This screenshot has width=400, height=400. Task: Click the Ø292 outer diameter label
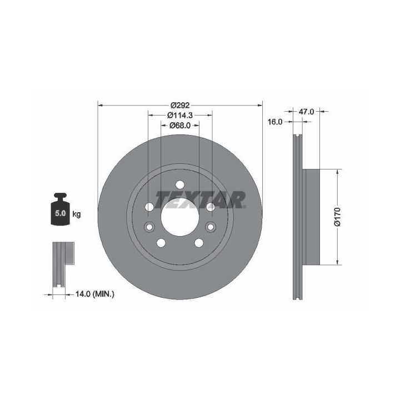[x=180, y=105]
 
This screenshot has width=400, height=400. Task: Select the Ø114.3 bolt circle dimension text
[x=180, y=116]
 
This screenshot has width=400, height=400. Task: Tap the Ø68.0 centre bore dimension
[x=180, y=126]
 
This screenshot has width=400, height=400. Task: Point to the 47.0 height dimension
[x=306, y=112]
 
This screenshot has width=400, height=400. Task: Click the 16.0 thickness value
[x=275, y=122]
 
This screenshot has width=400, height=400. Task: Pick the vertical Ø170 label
[x=337, y=217]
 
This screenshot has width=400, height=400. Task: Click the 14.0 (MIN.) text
[x=95, y=294]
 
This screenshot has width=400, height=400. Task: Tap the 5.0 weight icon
[x=61, y=209]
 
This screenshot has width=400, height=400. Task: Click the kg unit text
[x=77, y=214]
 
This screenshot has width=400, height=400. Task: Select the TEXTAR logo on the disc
[x=201, y=199]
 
